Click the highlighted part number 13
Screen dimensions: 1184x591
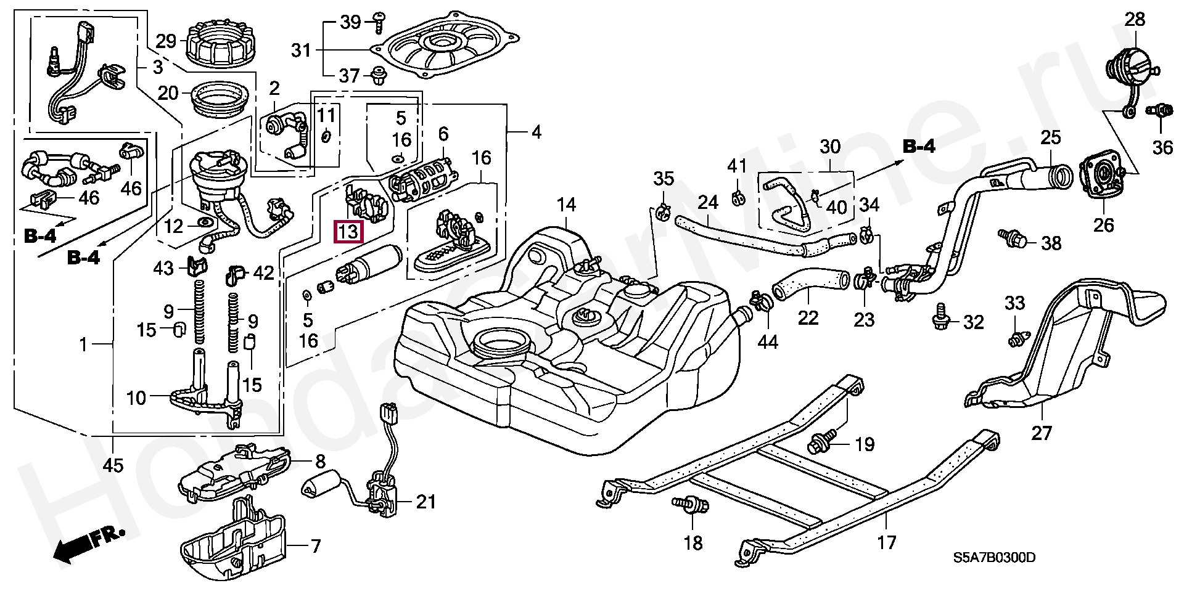348,232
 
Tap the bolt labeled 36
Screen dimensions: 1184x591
1157,112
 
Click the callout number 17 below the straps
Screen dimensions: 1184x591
886,542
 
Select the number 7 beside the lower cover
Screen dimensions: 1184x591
316,546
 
